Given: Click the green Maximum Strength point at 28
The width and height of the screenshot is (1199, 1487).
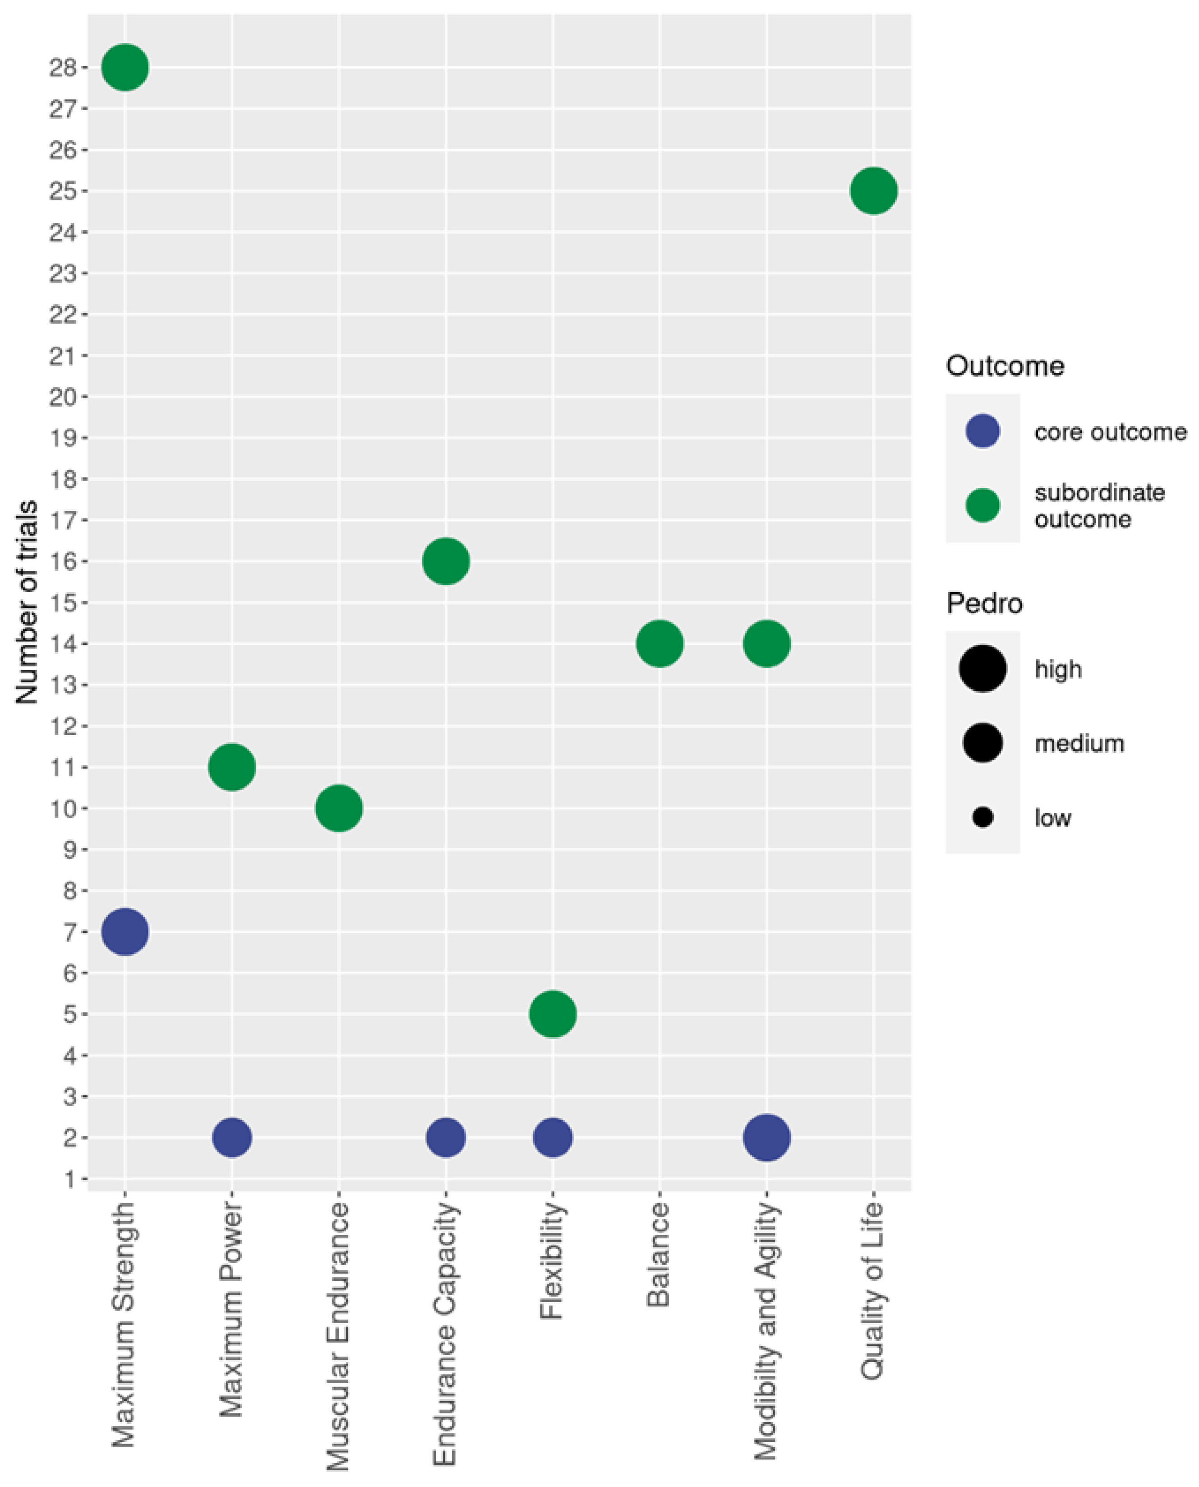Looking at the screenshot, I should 125,67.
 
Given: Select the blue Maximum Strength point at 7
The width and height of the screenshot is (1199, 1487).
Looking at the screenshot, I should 125,931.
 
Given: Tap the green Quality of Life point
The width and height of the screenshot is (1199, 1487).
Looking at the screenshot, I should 874,191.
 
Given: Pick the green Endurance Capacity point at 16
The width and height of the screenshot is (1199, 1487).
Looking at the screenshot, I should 446,561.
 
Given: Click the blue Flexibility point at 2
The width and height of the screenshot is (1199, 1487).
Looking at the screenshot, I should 553,1137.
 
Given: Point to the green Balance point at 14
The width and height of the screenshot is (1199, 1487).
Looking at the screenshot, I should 659,643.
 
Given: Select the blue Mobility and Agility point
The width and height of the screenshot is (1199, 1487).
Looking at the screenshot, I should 767,1137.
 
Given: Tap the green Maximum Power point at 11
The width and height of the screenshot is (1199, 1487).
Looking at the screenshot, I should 232,767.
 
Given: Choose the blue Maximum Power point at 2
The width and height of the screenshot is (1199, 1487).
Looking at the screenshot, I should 232,1137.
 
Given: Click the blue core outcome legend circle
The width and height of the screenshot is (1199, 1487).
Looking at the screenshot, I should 982,431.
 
